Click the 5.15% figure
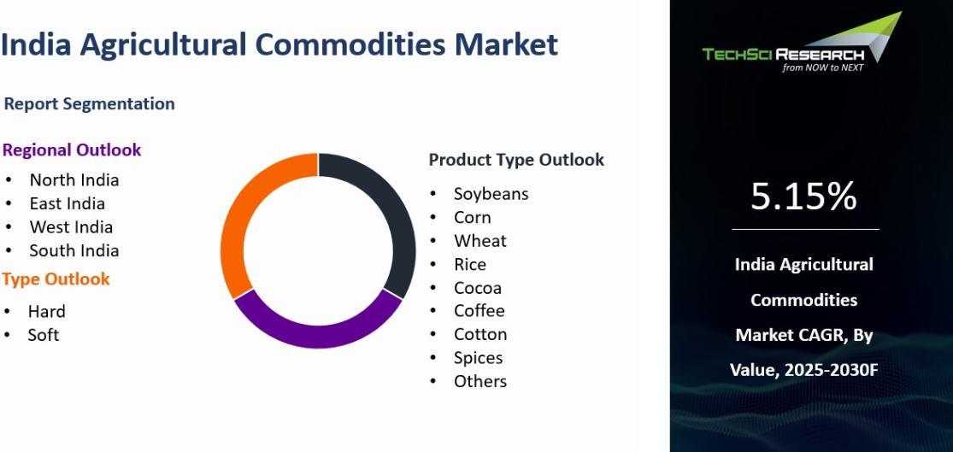(x=803, y=197)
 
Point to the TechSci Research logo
(x=803, y=43)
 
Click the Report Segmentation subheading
(x=90, y=104)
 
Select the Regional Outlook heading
(x=72, y=150)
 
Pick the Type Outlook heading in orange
(x=56, y=279)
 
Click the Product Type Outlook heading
(x=516, y=160)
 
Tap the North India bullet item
(x=74, y=179)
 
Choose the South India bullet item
(x=74, y=250)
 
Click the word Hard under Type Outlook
(x=47, y=312)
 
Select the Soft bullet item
(x=43, y=335)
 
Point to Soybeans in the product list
(x=491, y=194)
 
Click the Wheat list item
(x=480, y=241)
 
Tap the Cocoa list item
(x=478, y=287)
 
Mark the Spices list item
(x=479, y=358)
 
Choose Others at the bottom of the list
(x=480, y=381)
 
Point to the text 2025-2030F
(x=832, y=370)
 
